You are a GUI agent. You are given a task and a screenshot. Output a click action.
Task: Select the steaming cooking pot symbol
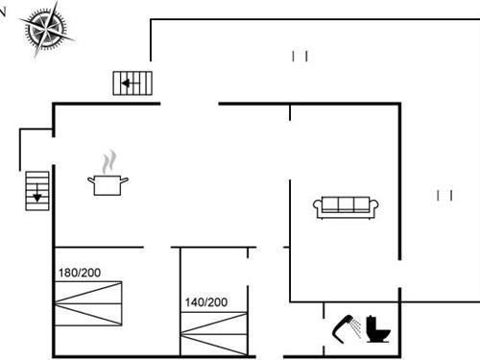pyautogui.click(x=108, y=182)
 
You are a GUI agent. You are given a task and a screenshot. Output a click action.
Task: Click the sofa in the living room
pyautogui.click(x=346, y=206)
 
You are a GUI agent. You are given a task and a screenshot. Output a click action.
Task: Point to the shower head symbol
pyautogui.click(x=342, y=327)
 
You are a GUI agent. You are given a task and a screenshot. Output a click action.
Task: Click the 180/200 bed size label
pyautogui.click(x=79, y=273)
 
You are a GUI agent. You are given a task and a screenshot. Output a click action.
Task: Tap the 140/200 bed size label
pyautogui.click(x=205, y=302)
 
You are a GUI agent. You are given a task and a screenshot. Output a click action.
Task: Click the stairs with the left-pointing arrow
pyautogui.click(x=133, y=84)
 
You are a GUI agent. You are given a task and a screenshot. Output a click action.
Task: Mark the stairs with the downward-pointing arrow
pyautogui.click(x=36, y=190)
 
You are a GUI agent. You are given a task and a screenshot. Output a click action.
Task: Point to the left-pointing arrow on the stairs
pyautogui.click(x=127, y=84)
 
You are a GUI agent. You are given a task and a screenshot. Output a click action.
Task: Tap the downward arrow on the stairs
pyautogui.click(x=36, y=197)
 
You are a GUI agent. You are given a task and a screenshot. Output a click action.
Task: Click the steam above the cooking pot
pyautogui.click(x=111, y=158)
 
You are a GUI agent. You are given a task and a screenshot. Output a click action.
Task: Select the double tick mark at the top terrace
pyautogui.click(x=300, y=57)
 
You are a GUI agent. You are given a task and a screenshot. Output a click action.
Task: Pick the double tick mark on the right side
pyautogui.click(x=444, y=195)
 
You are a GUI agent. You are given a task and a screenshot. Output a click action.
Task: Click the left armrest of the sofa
pyautogui.click(x=318, y=207)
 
